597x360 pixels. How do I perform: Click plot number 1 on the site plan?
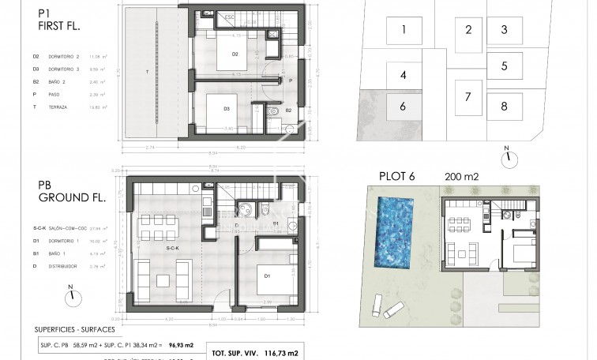click(403, 31)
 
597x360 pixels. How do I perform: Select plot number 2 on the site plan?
click(468, 30)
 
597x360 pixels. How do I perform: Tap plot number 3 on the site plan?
click(504, 30)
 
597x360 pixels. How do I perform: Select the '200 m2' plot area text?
click(463, 176)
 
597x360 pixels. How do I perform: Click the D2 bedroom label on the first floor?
click(235, 54)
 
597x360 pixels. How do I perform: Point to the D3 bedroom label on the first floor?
click(226, 109)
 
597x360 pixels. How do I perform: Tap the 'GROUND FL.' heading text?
click(64, 203)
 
